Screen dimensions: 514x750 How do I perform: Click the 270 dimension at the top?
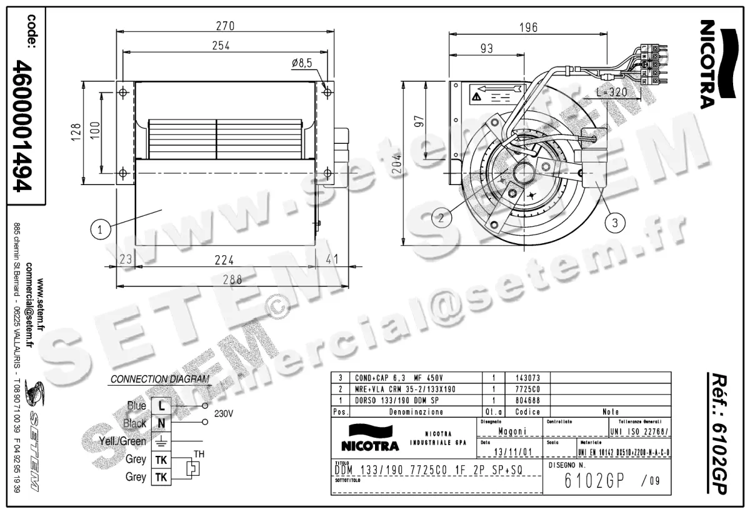(x=225, y=26)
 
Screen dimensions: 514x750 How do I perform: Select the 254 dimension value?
(x=221, y=45)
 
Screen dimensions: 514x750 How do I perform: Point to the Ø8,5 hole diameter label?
(x=301, y=63)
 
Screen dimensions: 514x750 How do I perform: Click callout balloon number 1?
(x=100, y=229)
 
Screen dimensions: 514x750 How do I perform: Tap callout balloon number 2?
(x=441, y=218)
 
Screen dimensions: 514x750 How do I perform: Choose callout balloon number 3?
(x=616, y=221)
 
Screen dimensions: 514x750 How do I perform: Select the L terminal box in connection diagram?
(x=161, y=405)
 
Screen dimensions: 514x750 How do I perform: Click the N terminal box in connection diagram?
(x=161, y=423)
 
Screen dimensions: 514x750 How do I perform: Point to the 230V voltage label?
(x=223, y=414)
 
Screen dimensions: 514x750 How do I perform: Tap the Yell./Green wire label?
(x=122, y=441)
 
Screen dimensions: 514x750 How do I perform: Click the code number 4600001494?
(x=25, y=124)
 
